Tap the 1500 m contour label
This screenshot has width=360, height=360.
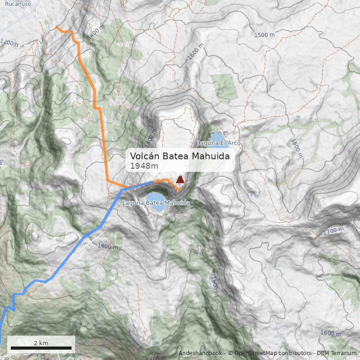click(264, 35)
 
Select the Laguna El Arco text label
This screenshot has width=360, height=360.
click(219, 143)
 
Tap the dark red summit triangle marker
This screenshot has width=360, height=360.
click(180, 180)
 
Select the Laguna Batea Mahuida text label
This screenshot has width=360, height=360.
click(156, 203)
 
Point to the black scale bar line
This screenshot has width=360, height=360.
click(41, 348)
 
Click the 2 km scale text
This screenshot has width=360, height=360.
click(41, 343)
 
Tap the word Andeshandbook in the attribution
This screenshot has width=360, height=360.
click(200, 353)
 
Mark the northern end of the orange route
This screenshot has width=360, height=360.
click(56, 27)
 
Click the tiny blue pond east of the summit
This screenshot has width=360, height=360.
click(251, 195)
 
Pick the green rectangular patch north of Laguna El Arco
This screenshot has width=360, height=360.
click(225, 86)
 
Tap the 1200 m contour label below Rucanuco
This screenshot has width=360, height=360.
click(11, 43)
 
